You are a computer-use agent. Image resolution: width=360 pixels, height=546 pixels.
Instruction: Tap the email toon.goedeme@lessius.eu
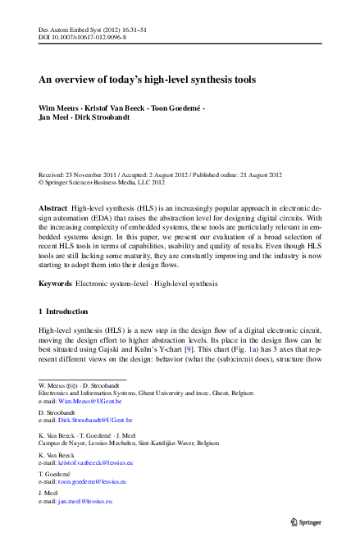[93, 483]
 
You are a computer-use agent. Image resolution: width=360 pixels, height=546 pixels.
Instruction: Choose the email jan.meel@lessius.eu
[84, 500]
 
